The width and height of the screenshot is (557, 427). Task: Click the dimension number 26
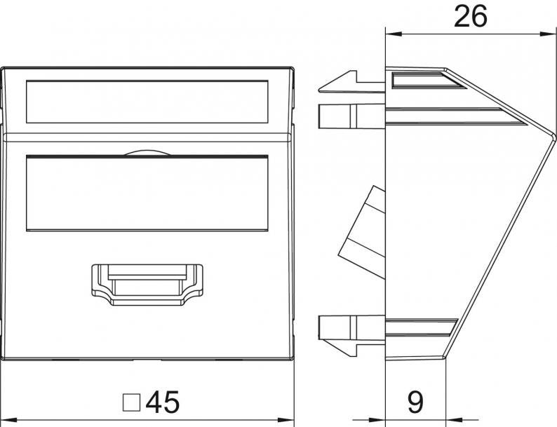pos(470,16)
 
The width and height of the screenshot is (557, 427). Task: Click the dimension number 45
pos(163,402)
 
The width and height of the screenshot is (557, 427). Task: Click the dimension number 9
pos(415,402)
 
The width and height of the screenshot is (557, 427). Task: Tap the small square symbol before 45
pos(131,402)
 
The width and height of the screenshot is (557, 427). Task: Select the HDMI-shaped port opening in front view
pos(147,285)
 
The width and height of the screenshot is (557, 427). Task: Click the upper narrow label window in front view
pos(147,102)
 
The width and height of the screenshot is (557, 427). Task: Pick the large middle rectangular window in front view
pos(147,193)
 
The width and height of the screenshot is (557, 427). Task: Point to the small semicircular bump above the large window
pos(147,153)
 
